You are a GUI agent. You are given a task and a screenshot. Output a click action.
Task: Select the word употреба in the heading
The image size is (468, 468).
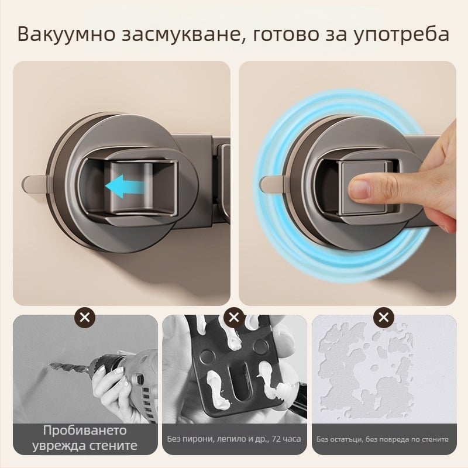pos(400,35)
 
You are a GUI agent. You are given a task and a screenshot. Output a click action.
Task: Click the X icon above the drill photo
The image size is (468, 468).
pos(85,318)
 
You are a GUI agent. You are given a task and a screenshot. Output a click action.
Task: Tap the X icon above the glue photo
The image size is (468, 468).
pos(234,318)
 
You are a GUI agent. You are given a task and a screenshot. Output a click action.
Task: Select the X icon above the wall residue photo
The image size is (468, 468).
pos(383,318)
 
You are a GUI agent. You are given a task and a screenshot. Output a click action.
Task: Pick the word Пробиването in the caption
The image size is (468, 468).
pos(85,431)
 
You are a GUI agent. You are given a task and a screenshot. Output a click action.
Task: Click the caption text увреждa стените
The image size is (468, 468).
pos(85,446)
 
